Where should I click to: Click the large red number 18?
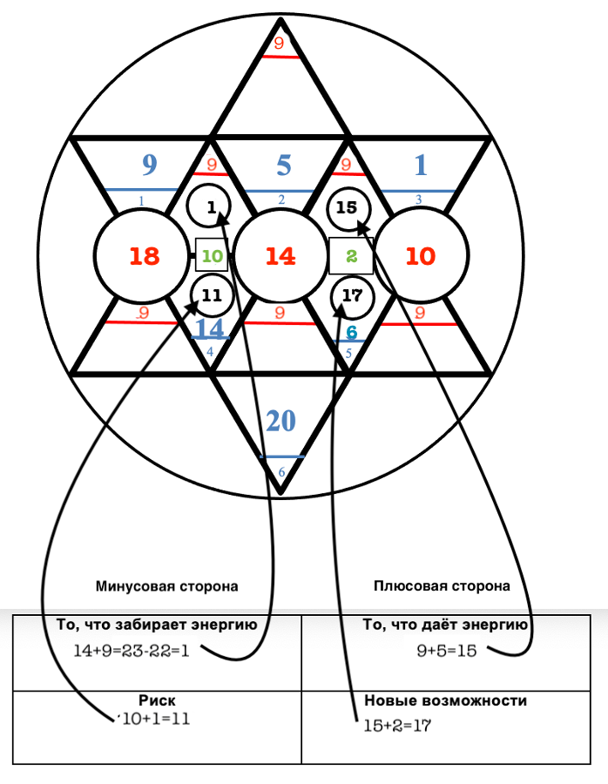(145, 256)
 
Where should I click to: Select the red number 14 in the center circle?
(280, 256)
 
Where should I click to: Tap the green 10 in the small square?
(213, 256)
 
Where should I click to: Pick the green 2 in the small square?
(351, 256)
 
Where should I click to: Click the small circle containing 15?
(348, 207)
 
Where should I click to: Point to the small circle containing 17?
(351, 296)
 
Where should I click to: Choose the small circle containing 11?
(211, 294)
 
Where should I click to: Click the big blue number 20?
(280, 422)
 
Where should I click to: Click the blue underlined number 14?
(209, 328)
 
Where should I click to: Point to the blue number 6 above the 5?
(351, 332)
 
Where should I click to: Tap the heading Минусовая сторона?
(167, 586)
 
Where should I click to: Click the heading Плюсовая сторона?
(442, 586)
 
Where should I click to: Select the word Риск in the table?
(158, 700)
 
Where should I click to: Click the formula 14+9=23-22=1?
(144, 649)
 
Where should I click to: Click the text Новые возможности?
(445, 700)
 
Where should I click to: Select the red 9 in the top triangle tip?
(279, 43)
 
